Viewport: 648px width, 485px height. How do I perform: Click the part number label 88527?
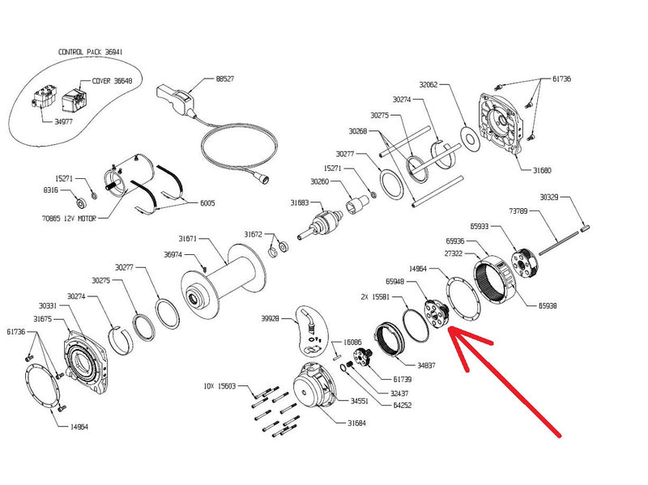[227, 79]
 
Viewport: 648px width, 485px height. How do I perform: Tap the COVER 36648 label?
[110, 80]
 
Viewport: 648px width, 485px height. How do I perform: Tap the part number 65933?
[479, 228]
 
